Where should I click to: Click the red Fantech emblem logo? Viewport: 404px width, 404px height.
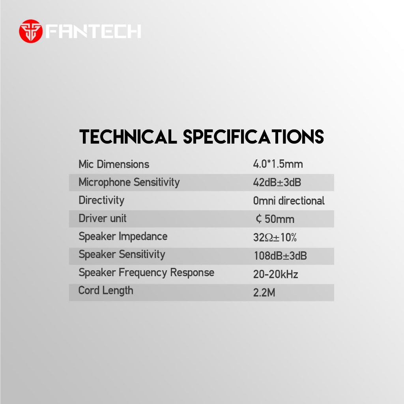coord(31,31)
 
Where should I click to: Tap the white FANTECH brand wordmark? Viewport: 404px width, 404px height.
coord(93,32)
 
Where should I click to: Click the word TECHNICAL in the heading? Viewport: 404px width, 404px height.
coord(128,137)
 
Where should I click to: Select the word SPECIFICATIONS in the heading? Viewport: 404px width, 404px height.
coord(254,137)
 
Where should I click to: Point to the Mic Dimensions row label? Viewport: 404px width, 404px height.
coord(114,165)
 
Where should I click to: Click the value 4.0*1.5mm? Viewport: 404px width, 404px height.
coord(278,164)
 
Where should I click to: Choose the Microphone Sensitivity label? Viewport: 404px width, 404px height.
coord(129,183)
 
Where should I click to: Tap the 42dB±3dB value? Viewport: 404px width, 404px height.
coord(277,182)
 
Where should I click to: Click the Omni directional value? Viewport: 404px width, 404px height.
coord(288,201)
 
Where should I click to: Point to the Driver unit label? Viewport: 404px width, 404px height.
coord(103,219)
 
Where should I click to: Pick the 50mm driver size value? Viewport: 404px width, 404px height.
coord(275,219)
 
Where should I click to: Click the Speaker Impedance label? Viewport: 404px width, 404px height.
coord(123,237)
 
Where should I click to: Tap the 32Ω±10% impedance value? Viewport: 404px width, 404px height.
coord(275,237)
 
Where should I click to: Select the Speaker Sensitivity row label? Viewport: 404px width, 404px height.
coord(122,255)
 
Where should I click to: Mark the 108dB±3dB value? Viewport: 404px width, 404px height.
coord(281,256)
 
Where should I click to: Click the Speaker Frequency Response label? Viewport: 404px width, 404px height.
coord(146,273)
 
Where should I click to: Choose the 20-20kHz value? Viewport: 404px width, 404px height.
coord(276,274)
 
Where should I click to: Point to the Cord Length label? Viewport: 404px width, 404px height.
coord(106,291)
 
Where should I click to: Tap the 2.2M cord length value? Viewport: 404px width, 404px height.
coord(264,292)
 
